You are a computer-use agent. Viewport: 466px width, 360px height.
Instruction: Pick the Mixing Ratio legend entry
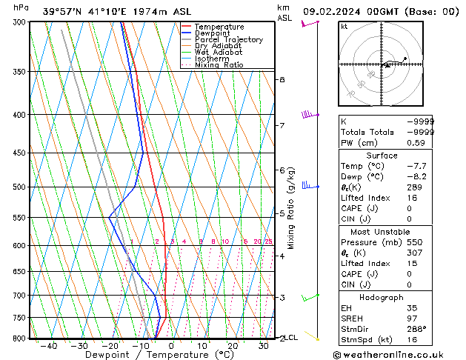219,65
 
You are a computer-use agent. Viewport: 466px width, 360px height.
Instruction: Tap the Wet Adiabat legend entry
217,53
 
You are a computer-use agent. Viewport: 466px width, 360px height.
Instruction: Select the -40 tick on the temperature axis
49,346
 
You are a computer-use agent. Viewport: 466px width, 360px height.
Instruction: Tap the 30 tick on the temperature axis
264,346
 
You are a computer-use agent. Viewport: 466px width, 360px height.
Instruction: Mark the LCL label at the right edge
291,338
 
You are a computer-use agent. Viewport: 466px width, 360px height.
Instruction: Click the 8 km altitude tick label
282,79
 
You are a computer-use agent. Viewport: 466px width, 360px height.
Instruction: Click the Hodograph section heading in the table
382,297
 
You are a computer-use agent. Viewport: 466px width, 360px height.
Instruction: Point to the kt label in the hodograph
344,27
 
